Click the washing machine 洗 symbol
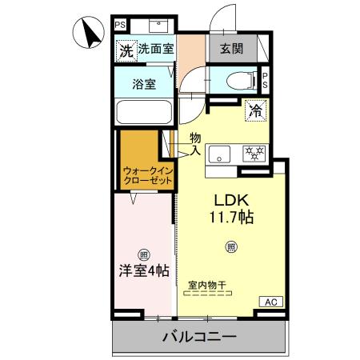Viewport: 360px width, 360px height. [x=125, y=50]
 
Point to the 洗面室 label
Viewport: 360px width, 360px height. [x=155, y=49]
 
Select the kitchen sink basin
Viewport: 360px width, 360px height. [x=220, y=154]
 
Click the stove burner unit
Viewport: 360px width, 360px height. [x=254, y=153]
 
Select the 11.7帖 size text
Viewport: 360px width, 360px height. [x=233, y=216]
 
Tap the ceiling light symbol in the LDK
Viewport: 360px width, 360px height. [x=230, y=246]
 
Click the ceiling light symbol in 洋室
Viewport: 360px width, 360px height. [x=143, y=256]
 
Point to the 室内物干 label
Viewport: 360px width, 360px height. [x=207, y=285]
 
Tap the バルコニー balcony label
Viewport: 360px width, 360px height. [x=199, y=337]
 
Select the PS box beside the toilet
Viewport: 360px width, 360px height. [x=266, y=79]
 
